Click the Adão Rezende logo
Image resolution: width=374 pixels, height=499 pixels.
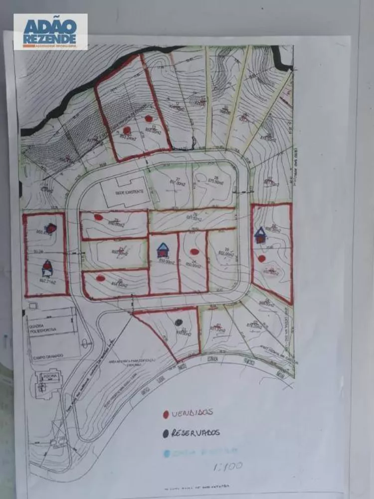[x=50, y=31]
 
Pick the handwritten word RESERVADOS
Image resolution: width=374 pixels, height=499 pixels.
[x=195, y=433]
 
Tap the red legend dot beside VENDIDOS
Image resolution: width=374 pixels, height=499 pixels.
[x=165, y=414]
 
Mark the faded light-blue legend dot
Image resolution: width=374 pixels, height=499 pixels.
[x=165, y=453]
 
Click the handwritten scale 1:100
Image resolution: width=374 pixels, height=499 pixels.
[x=227, y=467]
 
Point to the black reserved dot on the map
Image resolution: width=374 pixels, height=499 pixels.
[x=178, y=323]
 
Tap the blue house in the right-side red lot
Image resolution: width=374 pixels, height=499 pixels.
[x=260, y=235]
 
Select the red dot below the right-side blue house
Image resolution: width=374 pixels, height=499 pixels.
[x=262, y=258]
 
